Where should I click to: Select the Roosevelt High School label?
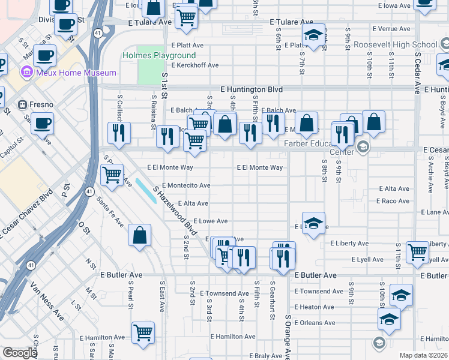[403, 45]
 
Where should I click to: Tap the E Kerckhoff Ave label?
[195, 65]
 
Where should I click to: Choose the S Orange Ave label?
[287, 337]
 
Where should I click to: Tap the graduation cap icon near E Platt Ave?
[313, 35]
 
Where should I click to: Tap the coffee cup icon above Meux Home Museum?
[44, 56]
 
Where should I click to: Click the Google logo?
[20, 353]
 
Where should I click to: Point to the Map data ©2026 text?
[423, 355]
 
